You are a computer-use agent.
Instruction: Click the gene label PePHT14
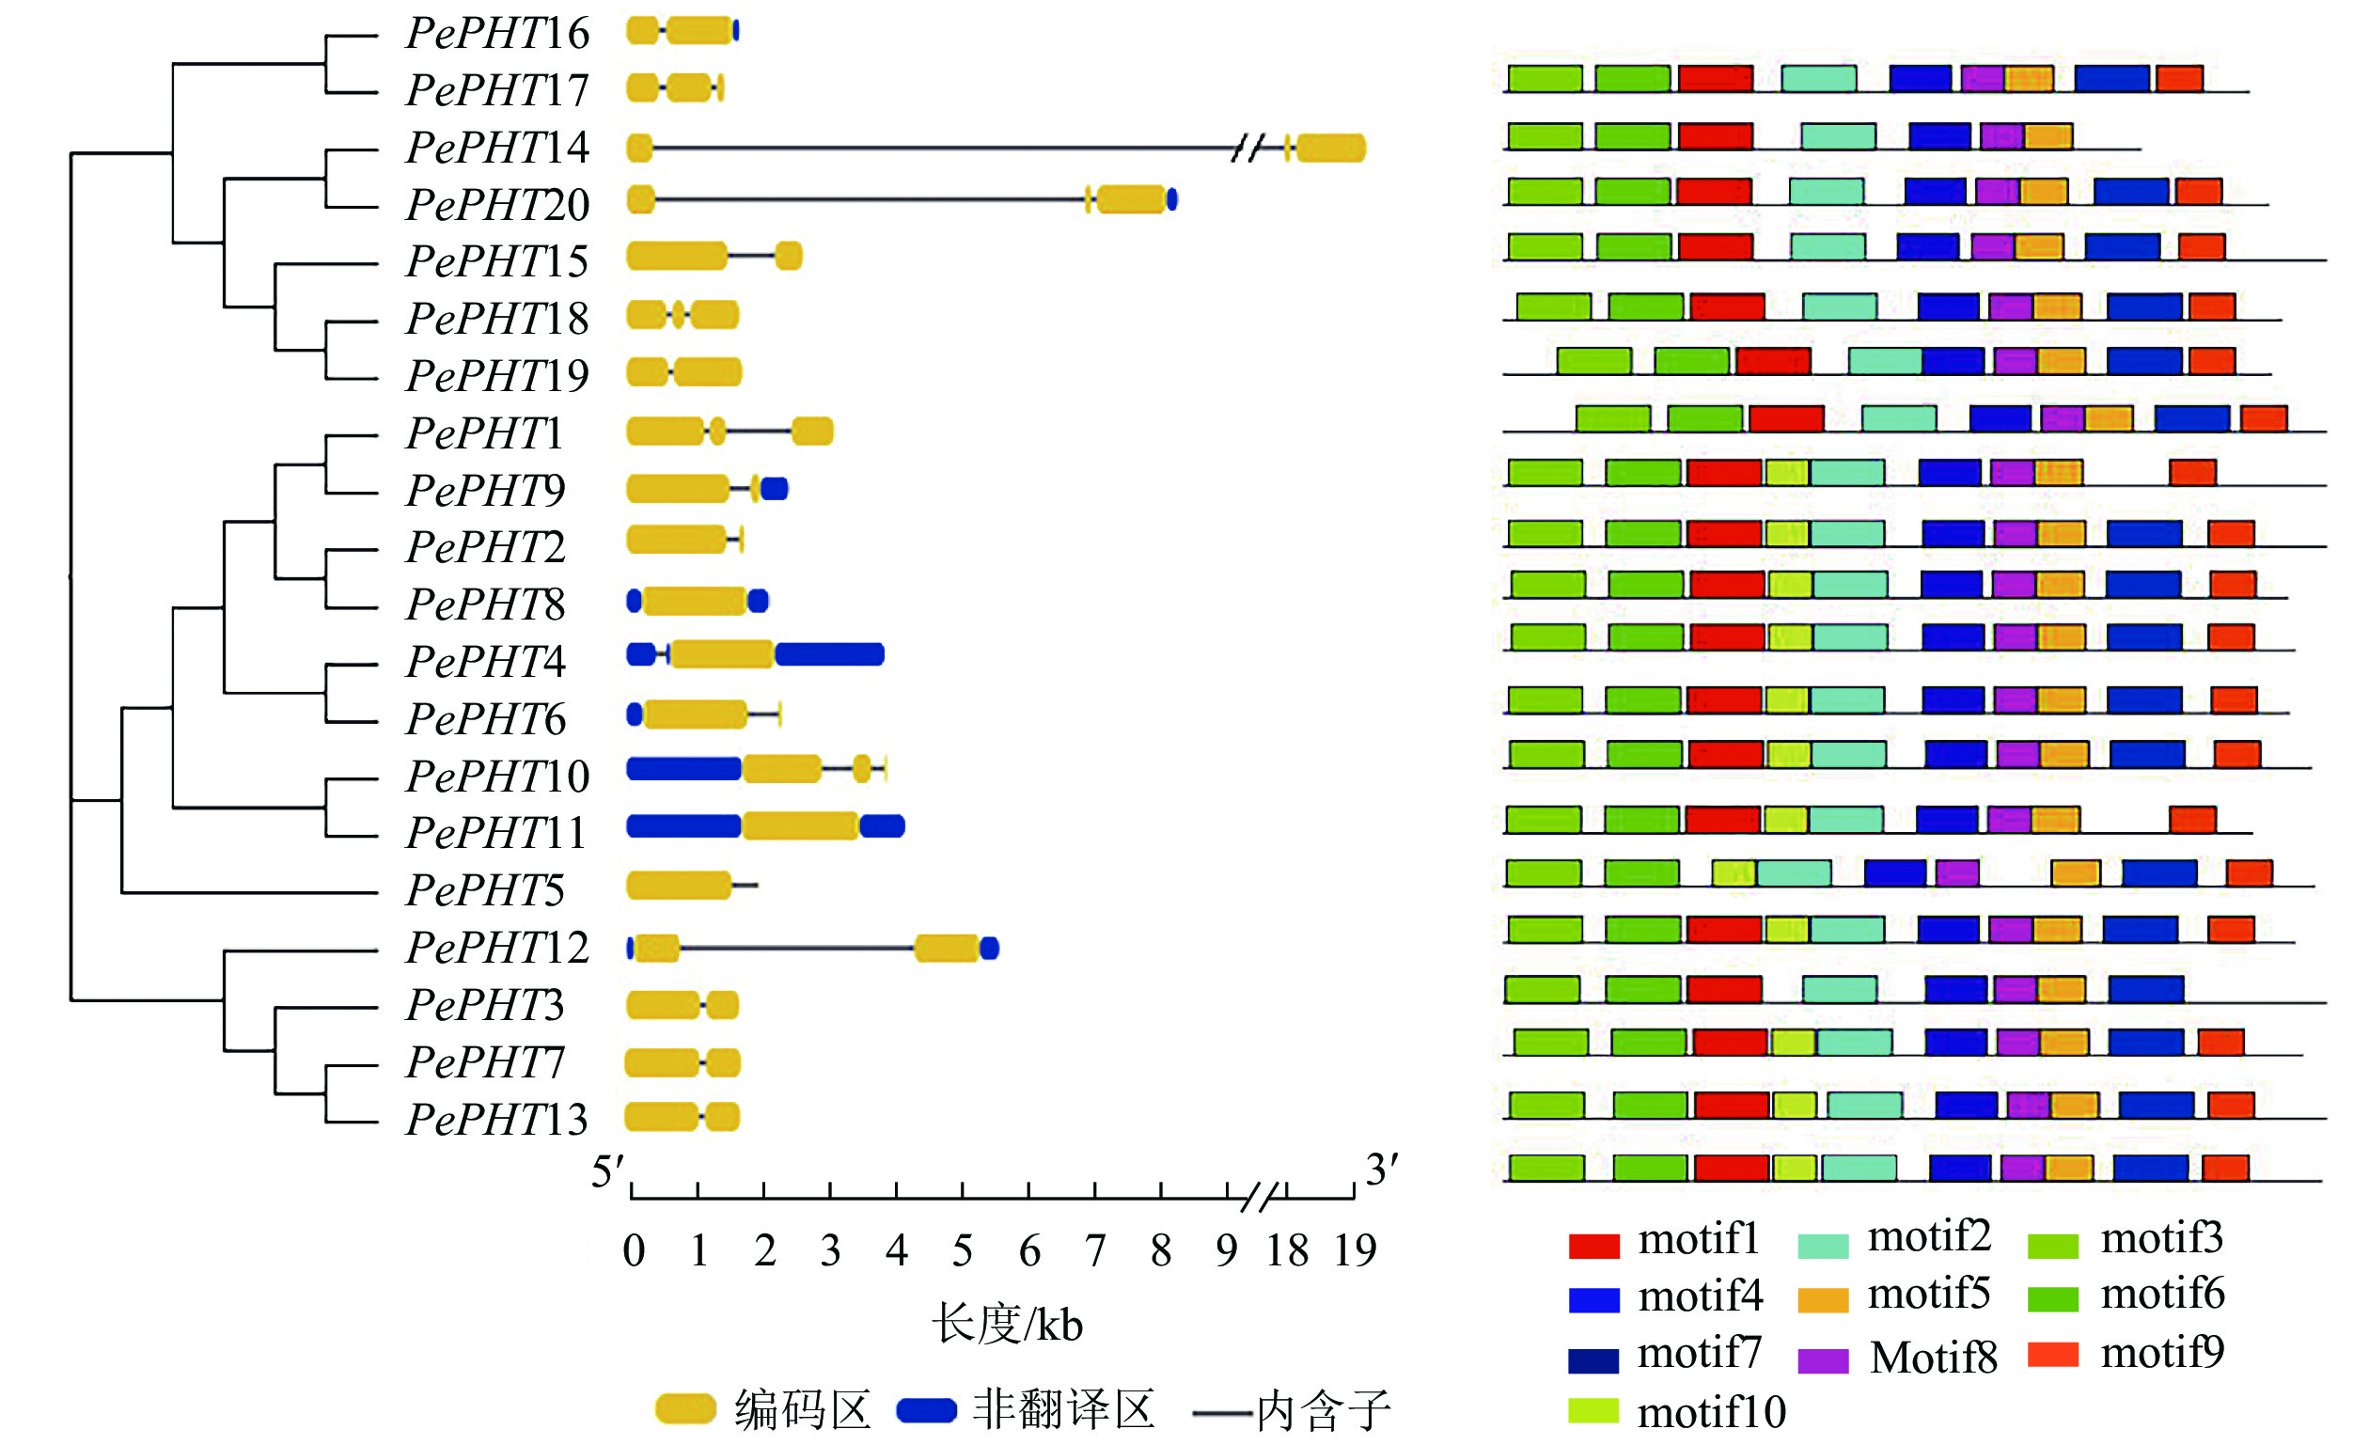click(x=497, y=148)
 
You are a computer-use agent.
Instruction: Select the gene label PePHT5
click(x=485, y=890)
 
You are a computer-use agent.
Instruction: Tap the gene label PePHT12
click(x=497, y=948)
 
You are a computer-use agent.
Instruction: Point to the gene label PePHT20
click(x=497, y=205)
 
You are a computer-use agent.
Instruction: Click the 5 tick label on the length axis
click(x=963, y=1250)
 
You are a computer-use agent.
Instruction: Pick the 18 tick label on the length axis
click(x=1287, y=1250)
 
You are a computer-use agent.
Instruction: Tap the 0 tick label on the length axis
click(x=634, y=1250)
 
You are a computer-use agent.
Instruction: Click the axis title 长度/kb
click(x=1007, y=1324)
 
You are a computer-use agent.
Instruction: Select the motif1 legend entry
click(x=1698, y=1240)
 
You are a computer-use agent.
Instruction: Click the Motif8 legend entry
click(x=1933, y=1358)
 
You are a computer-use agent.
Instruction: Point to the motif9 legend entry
click(x=2161, y=1353)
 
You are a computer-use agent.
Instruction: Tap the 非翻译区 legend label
click(x=1062, y=1410)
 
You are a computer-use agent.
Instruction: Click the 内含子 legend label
click(x=1324, y=1410)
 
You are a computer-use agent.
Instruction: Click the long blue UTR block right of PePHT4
click(x=830, y=655)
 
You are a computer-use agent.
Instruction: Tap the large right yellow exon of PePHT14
click(x=1331, y=148)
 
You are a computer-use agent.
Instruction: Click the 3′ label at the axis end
click(x=1382, y=1170)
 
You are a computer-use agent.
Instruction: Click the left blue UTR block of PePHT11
click(x=683, y=825)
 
